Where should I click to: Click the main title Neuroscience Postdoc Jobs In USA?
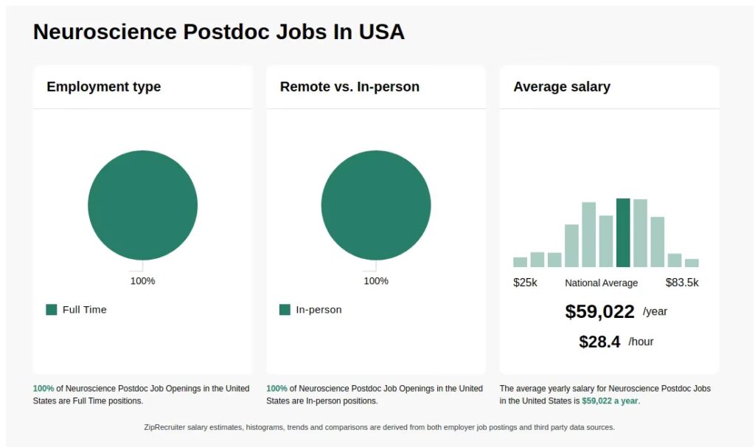tap(218, 32)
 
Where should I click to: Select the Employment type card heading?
tap(103, 86)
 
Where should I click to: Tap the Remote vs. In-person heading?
tap(349, 86)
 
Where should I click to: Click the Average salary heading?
tap(561, 86)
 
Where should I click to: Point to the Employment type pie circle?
tap(142, 205)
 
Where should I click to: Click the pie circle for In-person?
tap(376, 205)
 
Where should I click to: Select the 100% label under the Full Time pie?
tap(142, 281)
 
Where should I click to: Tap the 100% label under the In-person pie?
tap(376, 281)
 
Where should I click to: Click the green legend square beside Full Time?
tap(52, 310)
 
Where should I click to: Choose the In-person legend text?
tap(319, 310)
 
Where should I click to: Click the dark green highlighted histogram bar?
tap(623, 232)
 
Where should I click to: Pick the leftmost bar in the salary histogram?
tap(520, 262)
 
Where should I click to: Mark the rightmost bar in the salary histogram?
tap(692, 263)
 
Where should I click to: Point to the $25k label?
tap(525, 283)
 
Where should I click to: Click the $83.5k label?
tap(681, 283)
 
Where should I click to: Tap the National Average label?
tap(601, 283)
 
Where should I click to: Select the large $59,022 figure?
tap(599, 312)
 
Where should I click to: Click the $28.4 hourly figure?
tap(599, 342)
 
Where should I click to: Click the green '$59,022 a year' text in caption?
tap(610, 401)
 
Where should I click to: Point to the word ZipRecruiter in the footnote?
tap(168, 427)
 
